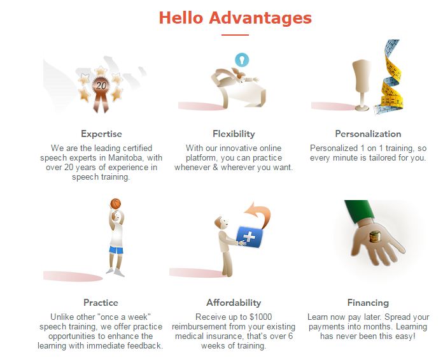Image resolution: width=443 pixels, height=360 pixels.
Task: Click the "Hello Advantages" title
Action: [235, 18]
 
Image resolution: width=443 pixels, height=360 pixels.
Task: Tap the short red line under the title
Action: [235, 35]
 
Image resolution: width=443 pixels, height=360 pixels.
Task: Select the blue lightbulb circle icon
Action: [242, 60]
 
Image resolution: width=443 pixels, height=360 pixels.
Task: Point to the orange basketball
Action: [116, 203]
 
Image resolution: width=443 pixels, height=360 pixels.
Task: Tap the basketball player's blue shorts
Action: [116, 250]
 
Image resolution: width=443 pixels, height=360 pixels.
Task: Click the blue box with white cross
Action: [250, 236]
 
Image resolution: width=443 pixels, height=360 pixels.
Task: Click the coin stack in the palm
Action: [375, 236]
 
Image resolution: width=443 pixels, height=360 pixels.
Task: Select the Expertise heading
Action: [101, 134]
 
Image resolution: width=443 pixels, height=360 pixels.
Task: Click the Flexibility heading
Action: [234, 134]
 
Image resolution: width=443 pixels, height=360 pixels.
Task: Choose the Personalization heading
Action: [368, 134]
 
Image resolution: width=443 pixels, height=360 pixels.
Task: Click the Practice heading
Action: [101, 303]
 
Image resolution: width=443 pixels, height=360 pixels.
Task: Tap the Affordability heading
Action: [234, 303]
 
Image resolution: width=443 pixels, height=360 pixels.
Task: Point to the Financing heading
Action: [368, 303]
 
